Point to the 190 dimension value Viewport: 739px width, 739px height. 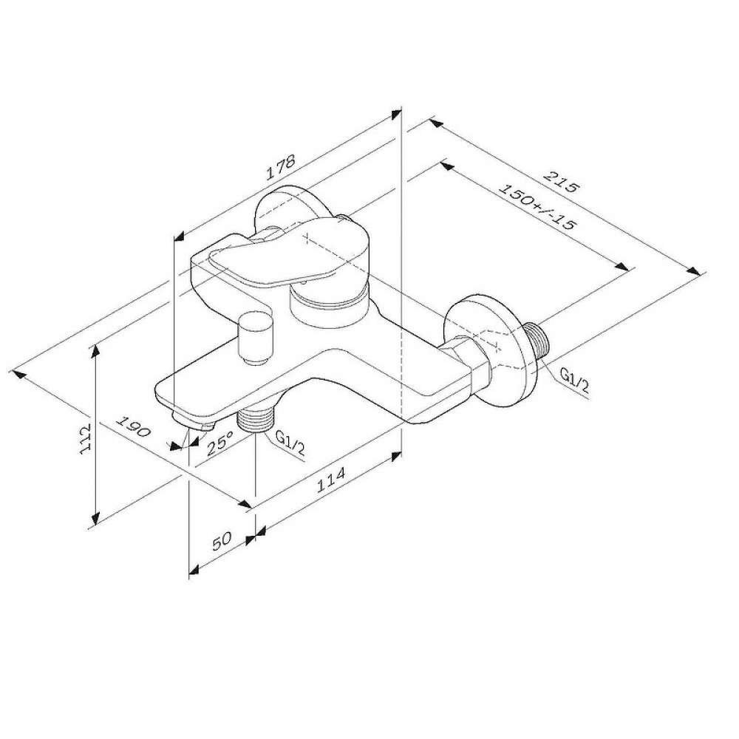click(x=133, y=426)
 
